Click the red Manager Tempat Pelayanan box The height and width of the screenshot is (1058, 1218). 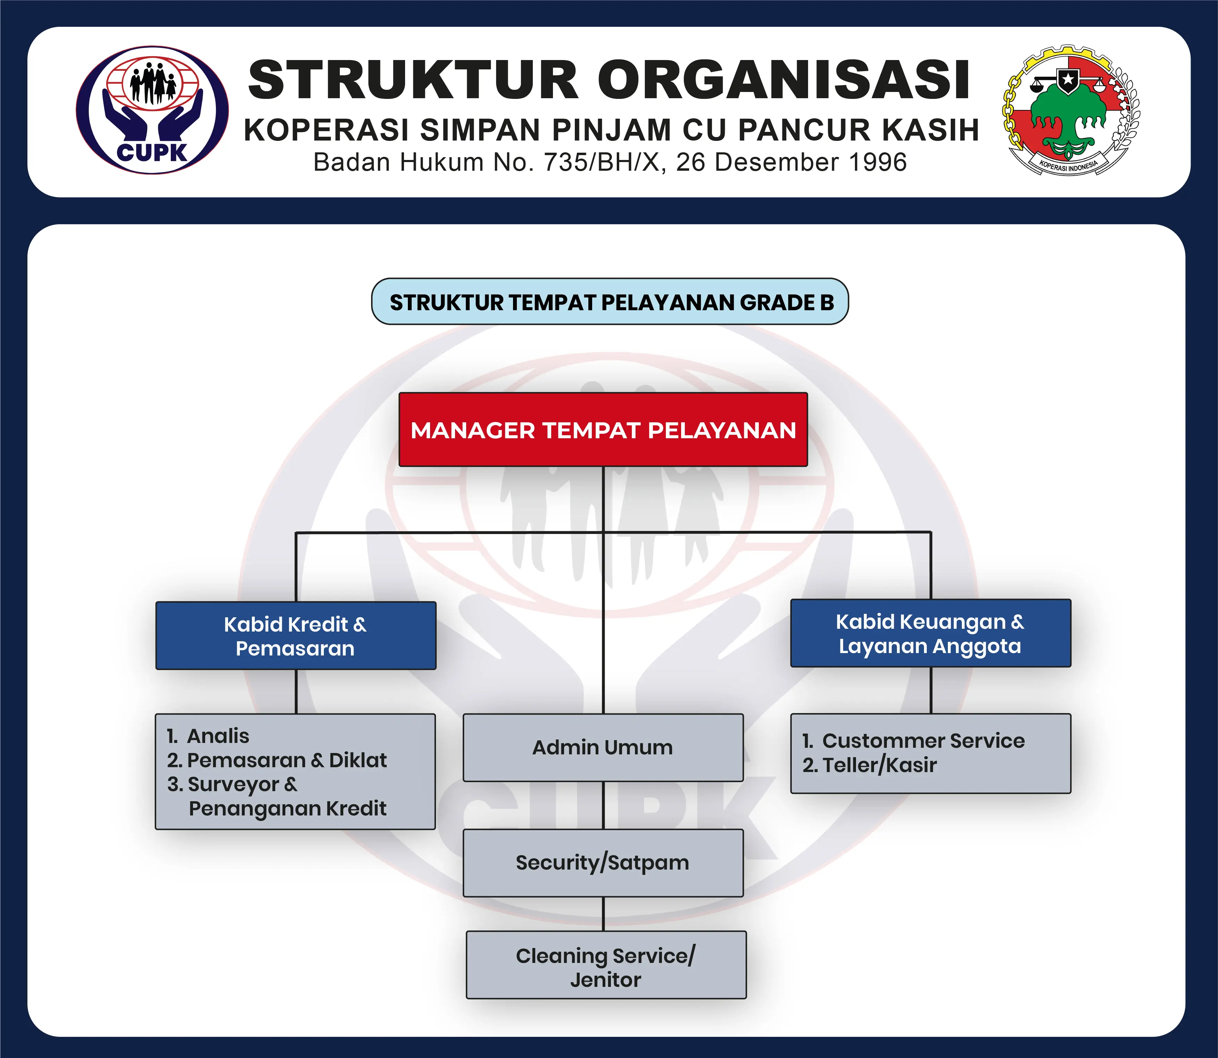(x=603, y=430)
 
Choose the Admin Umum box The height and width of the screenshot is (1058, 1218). (x=603, y=747)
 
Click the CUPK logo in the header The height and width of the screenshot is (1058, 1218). (x=152, y=110)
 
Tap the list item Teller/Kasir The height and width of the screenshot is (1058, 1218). (x=870, y=765)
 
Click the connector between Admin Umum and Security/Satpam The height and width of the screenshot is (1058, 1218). (x=603, y=805)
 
